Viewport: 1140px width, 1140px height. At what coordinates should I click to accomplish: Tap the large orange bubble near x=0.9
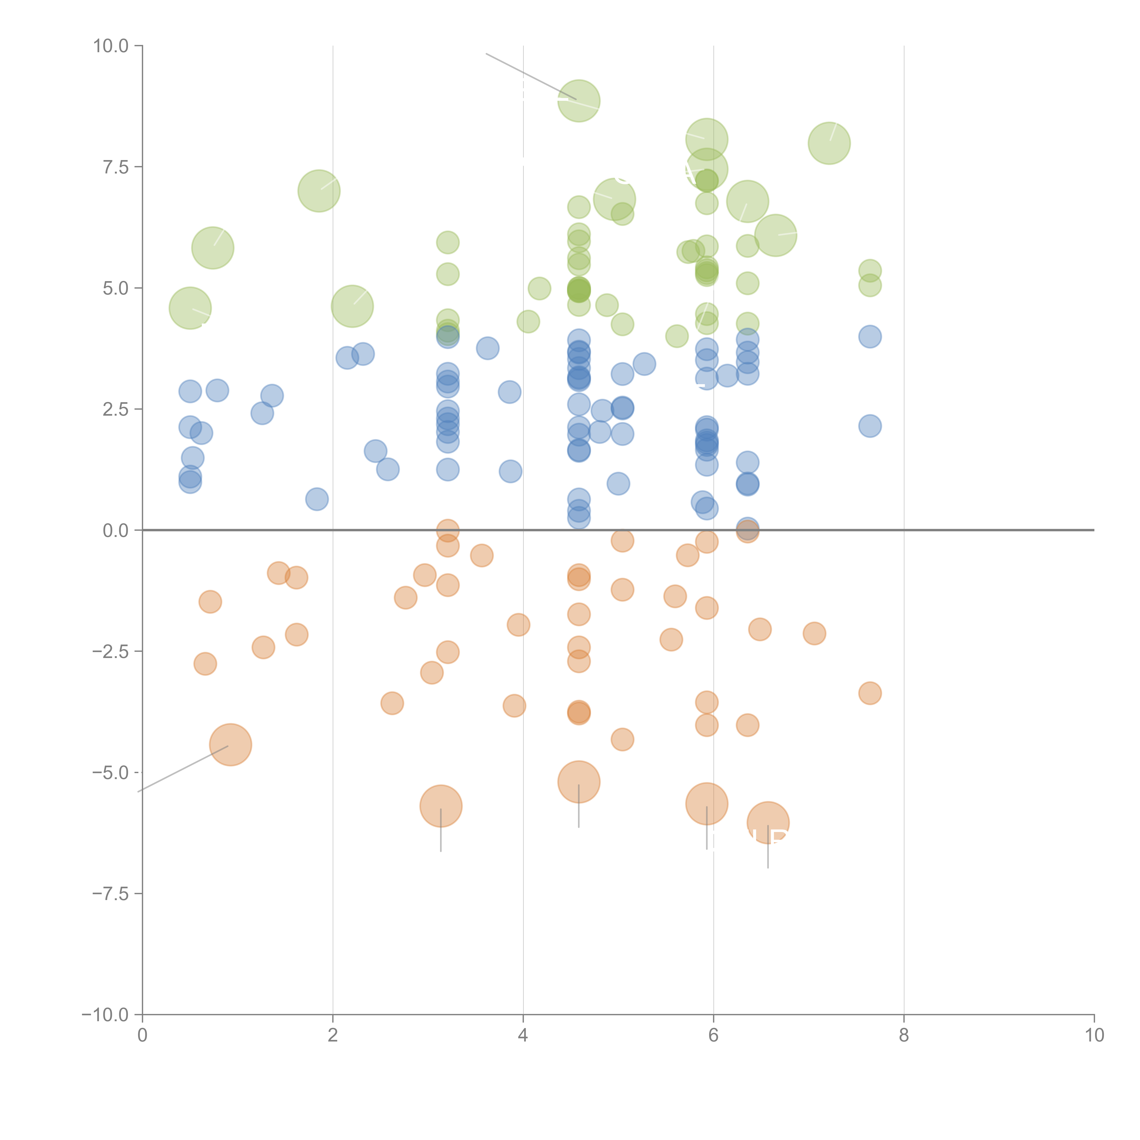(231, 745)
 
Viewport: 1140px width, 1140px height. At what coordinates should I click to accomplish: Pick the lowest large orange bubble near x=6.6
(768, 823)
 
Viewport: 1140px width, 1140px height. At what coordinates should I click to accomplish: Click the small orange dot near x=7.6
(870, 693)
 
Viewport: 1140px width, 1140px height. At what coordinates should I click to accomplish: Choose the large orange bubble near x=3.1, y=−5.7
(441, 806)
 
